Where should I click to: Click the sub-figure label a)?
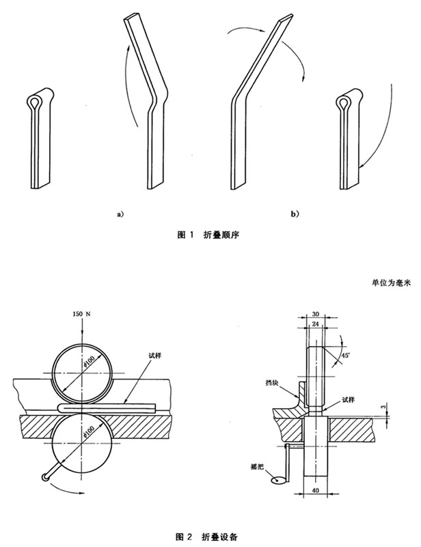[120, 214]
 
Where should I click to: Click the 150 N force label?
[81, 314]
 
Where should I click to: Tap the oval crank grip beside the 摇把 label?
[277, 479]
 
